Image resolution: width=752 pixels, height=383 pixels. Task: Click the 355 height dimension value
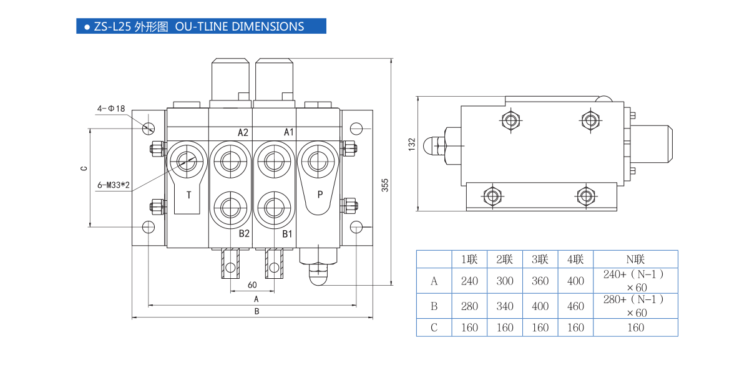point(385,185)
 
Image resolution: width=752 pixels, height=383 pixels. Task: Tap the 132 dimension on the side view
point(411,144)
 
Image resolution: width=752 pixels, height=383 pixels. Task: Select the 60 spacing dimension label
point(252,285)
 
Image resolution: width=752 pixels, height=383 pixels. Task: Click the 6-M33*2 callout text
point(114,185)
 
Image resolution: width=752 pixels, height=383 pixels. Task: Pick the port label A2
point(243,132)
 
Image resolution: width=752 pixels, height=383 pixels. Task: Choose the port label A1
point(288,132)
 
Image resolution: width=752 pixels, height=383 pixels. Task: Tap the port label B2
point(244,234)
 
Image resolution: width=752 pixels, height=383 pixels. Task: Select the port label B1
point(287,234)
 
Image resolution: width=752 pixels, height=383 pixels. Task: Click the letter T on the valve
point(189,195)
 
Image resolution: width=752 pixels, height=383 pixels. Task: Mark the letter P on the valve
point(320,194)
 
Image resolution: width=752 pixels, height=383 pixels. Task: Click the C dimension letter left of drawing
point(84,168)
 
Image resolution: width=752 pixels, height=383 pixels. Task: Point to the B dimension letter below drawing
point(256,311)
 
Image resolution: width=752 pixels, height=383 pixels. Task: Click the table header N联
point(635,259)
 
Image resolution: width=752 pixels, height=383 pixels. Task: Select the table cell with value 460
point(575,306)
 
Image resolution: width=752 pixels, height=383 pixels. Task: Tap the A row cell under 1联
point(469,281)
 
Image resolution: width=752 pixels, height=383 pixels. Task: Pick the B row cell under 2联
point(505,306)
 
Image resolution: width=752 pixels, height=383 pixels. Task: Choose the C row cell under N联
point(635,327)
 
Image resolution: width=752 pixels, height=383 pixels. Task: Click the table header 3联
point(540,259)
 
